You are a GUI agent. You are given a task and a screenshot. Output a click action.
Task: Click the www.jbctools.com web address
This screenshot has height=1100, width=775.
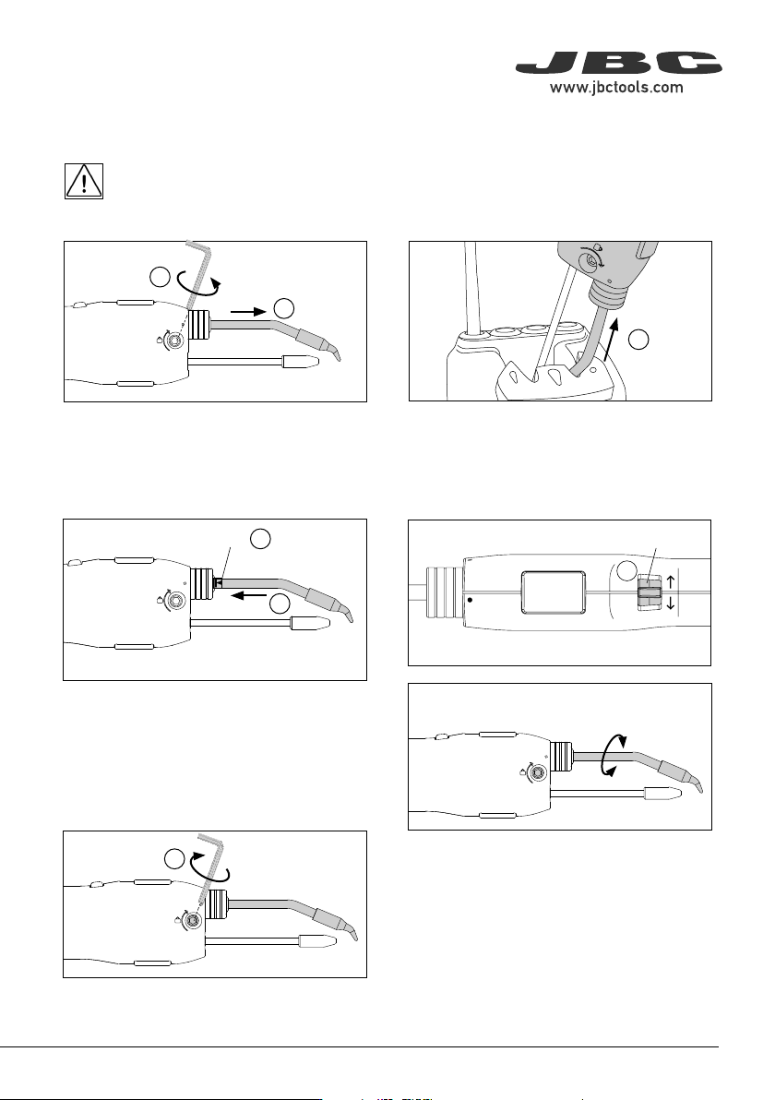pos(615,87)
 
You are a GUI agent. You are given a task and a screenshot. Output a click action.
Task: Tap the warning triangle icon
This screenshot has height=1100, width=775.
pos(84,181)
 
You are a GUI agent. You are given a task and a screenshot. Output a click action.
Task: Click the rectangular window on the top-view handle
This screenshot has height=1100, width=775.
pos(554,592)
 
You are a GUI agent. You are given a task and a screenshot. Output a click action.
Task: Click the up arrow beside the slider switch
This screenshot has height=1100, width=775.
pos(671,580)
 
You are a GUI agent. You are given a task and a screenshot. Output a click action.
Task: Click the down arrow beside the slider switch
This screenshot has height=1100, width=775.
pos(671,601)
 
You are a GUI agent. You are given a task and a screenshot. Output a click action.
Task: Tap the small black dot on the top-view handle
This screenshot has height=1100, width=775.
pos(470,600)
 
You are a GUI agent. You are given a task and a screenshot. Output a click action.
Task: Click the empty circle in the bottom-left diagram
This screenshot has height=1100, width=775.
pos(174,859)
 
